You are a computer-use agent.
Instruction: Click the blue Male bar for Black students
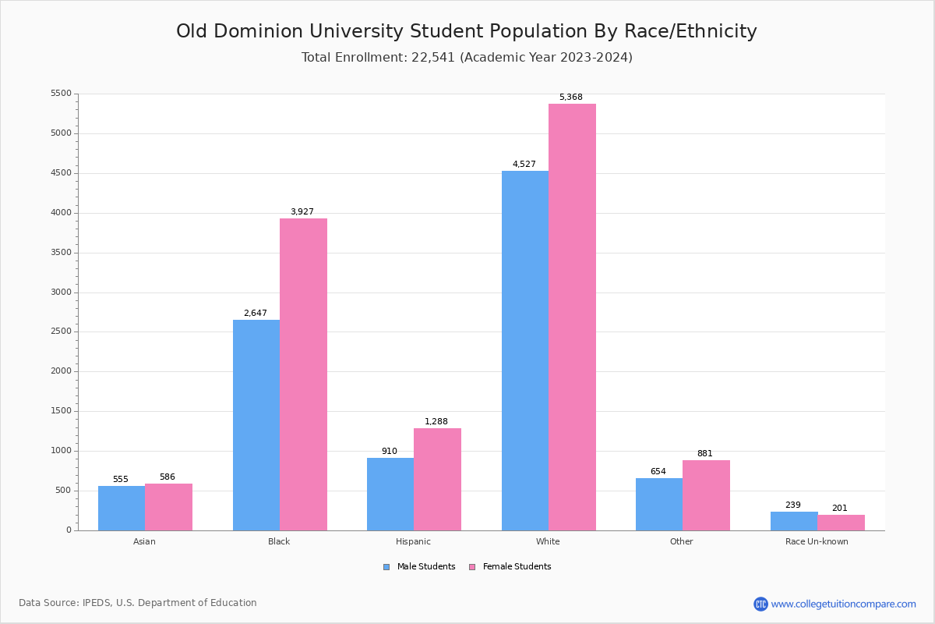(x=256, y=425)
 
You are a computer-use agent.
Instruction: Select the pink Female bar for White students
(x=572, y=317)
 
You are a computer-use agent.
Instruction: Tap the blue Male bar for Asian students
(x=122, y=508)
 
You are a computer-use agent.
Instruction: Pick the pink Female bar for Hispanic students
(x=437, y=479)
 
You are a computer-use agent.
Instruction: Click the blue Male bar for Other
(x=659, y=504)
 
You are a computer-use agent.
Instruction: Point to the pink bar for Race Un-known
(x=841, y=523)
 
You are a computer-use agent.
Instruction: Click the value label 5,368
(x=570, y=97)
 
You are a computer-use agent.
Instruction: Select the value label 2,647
(x=255, y=314)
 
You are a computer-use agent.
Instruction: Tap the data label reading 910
(x=389, y=452)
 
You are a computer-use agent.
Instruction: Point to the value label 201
(x=839, y=509)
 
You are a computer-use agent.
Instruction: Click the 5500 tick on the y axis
(x=61, y=94)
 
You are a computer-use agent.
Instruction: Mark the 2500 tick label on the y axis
(x=61, y=331)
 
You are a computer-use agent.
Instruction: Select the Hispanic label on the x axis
(x=413, y=541)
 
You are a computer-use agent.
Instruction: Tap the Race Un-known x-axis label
(x=817, y=541)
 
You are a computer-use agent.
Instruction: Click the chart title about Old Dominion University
(x=467, y=31)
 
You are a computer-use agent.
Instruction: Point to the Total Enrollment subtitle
(x=467, y=58)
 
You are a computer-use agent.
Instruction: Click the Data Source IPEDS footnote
(x=138, y=603)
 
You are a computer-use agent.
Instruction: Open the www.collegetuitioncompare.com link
(x=843, y=604)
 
